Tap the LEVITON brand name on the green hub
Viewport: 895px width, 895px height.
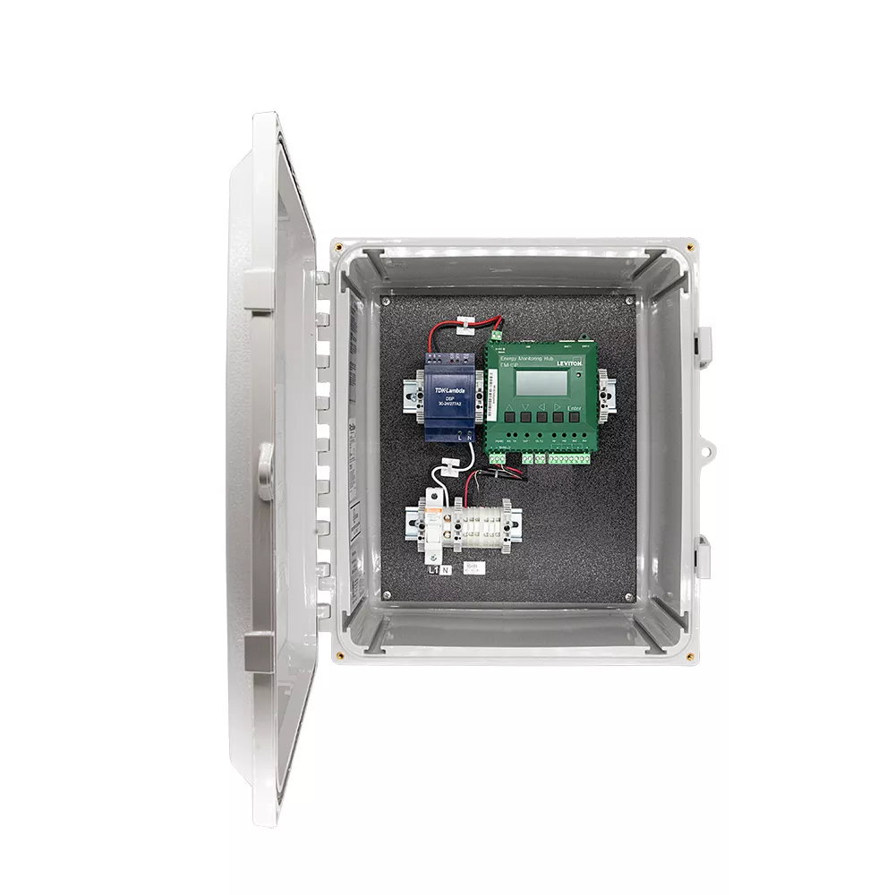(569, 363)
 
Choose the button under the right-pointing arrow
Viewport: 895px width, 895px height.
(559, 417)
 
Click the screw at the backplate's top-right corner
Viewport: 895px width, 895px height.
(630, 301)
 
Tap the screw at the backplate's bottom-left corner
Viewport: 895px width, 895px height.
(387, 595)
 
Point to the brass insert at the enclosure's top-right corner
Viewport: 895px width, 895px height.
(689, 248)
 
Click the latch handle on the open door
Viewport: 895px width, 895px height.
(265, 469)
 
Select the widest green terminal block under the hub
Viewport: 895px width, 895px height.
(569, 458)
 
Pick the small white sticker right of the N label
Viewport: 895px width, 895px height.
(474, 567)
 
